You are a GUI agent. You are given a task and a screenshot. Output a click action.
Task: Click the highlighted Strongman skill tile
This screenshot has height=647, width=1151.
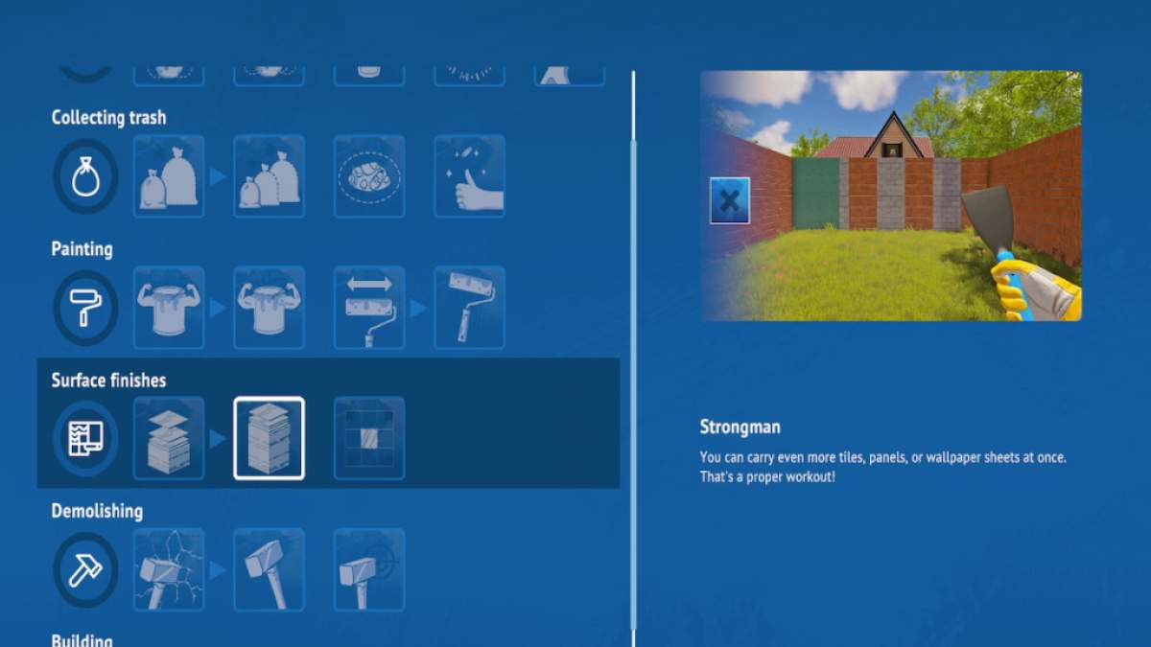click(269, 439)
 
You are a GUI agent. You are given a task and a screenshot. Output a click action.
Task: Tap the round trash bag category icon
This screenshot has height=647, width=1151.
click(85, 176)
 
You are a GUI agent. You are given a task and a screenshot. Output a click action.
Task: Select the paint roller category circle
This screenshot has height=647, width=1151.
click(85, 308)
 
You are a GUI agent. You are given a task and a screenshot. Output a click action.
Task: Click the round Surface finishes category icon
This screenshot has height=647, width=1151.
click(85, 439)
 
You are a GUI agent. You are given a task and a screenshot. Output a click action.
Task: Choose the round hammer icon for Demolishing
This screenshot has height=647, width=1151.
click(85, 570)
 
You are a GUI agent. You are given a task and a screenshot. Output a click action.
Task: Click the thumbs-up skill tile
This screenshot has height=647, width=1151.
click(469, 176)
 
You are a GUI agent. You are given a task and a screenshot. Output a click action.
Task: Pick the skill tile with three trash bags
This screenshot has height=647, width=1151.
click(269, 176)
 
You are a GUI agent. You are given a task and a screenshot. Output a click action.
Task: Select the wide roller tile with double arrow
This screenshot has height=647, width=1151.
click(369, 308)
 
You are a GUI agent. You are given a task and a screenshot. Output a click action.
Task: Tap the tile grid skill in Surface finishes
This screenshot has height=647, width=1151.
click(369, 439)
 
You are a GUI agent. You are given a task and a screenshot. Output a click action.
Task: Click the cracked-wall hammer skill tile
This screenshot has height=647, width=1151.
click(169, 570)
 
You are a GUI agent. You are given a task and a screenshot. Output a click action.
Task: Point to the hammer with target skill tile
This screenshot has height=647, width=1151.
click(369, 570)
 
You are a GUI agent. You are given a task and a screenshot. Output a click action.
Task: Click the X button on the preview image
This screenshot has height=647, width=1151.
click(730, 200)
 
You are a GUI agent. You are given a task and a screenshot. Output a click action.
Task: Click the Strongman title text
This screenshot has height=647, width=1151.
click(740, 427)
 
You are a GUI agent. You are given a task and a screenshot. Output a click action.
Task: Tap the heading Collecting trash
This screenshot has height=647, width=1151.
click(109, 118)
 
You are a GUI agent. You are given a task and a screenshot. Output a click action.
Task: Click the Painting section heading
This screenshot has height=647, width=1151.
click(82, 249)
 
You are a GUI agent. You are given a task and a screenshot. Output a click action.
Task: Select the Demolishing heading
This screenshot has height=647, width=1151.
click(97, 512)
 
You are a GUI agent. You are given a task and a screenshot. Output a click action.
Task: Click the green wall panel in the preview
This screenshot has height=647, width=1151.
click(816, 193)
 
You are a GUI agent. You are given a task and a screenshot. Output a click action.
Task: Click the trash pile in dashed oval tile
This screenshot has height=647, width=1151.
click(369, 176)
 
